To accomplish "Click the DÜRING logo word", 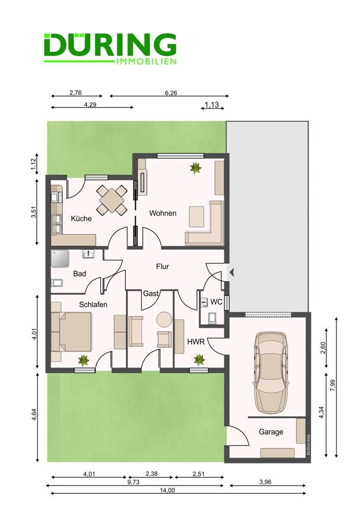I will click(110, 45).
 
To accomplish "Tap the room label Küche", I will click(81, 218).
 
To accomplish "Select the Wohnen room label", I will click(163, 213).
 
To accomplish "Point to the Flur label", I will click(162, 266).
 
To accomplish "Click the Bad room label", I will click(79, 273).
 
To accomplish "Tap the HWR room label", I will click(195, 341).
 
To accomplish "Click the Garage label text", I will click(271, 431).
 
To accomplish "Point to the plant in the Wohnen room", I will click(195, 167).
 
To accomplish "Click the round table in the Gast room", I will click(164, 319).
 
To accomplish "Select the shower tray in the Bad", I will click(60, 259).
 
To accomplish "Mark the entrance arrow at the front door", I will click(231, 272).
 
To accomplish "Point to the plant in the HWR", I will click(198, 360).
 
